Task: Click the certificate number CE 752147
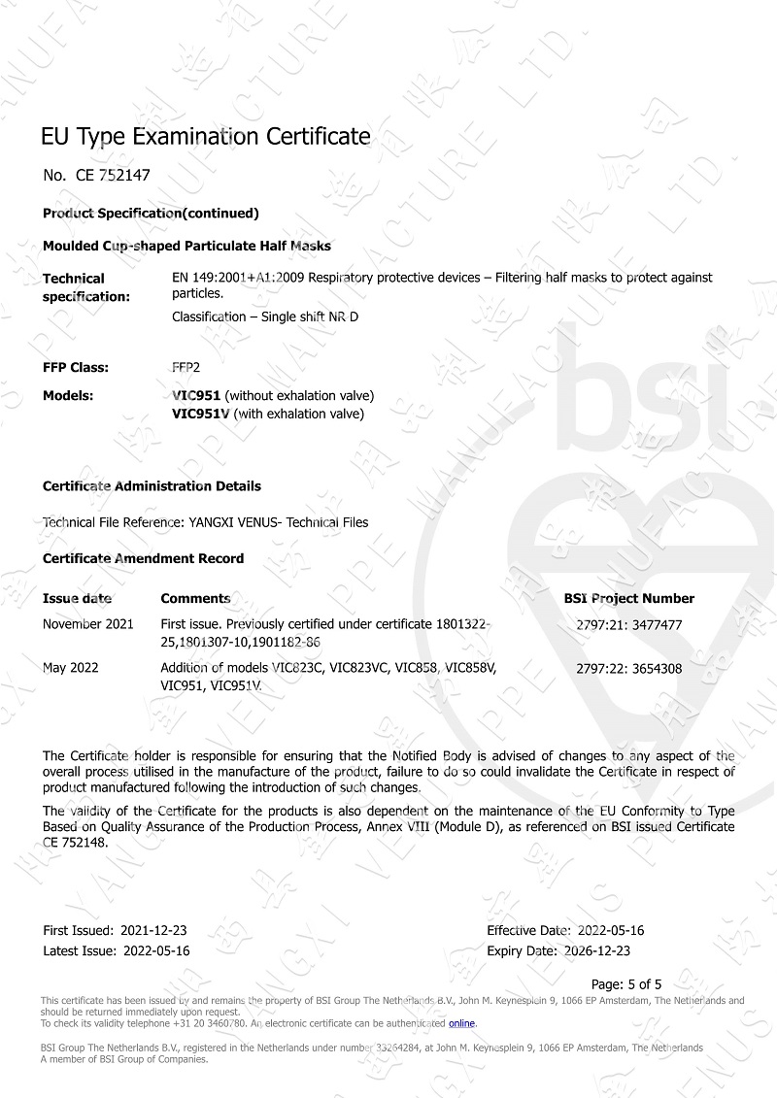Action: [x=113, y=176]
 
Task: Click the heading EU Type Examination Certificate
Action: [x=206, y=136]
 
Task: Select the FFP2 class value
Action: [x=186, y=368]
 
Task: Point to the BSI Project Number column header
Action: [x=628, y=598]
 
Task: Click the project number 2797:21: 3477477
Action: [x=628, y=625]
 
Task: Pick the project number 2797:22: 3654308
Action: [x=628, y=668]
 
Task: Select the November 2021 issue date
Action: [x=88, y=624]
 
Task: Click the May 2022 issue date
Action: [x=70, y=668]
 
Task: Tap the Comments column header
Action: [x=195, y=598]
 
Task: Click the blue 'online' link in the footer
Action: [x=461, y=1023]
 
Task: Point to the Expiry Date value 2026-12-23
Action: [x=596, y=950]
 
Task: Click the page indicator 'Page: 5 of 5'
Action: [x=626, y=983]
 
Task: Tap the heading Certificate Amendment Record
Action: [x=144, y=558]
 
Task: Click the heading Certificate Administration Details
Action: [x=152, y=485]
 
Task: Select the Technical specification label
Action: [x=85, y=287]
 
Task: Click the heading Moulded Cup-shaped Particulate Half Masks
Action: [x=187, y=247]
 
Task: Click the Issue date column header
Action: [x=77, y=598]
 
